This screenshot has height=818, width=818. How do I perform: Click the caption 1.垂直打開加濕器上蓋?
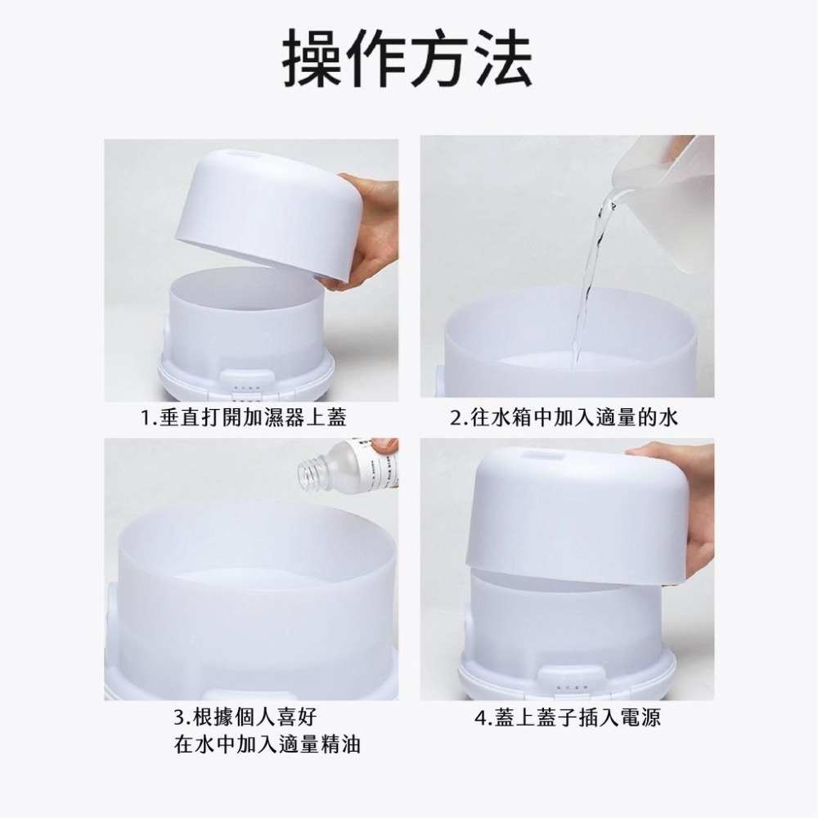pyautogui.click(x=243, y=419)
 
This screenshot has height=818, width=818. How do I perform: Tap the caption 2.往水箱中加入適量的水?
pyautogui.click(x=564, y=419)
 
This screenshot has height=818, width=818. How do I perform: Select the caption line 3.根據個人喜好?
pyautogui.click(x=245, y=717)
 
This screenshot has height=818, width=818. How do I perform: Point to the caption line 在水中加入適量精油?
pyautogui.click(x=268, y=744)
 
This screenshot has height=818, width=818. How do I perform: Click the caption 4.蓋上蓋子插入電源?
pyautogui.click(x=568, y=718)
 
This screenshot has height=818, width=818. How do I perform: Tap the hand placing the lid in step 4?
pyautogui.click(x=679, y=499)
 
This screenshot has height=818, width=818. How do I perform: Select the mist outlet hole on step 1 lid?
pyautogui.click(x=244, y=153)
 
